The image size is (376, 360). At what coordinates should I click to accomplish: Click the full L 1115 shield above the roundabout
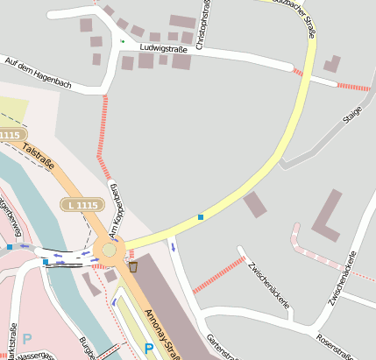pyautogui.click(x=81, y=204)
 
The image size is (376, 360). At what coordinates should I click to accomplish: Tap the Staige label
pyautogui.click(x=352, y=116)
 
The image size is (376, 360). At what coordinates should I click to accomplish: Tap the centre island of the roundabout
pyautogui.click(x=110, y=250)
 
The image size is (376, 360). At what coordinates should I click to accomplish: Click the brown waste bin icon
pyautogui.click(x=133, y=266)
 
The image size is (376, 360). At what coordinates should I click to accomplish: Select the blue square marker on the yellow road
pyautogui.click(x=201, y=216)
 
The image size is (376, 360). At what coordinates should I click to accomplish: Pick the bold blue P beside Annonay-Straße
pyautogui.click(x=148, y=349)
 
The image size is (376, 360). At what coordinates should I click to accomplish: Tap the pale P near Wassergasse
pyautogui.click(x=26, y=338)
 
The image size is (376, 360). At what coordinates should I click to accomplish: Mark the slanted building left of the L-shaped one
pyautogui.click(x=255, y=204)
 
